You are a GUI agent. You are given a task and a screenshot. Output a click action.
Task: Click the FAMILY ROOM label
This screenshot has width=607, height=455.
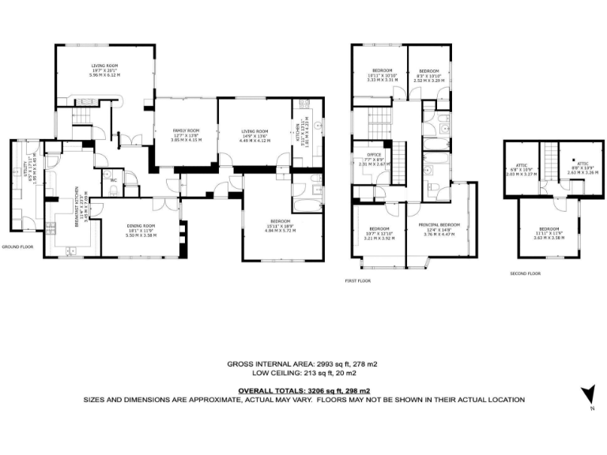tap(187, 130)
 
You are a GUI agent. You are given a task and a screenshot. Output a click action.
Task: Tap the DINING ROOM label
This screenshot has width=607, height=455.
tap(142, 226)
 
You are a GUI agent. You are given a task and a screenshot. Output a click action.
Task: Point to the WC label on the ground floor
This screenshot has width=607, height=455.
tap(114, 180)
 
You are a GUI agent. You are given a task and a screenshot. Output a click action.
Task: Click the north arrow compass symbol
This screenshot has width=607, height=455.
tap(587, 394)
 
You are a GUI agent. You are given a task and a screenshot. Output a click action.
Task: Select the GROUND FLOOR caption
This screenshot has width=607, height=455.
tap(18, 246)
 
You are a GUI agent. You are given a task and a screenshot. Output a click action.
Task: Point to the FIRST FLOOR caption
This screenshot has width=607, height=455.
tap(358, 280)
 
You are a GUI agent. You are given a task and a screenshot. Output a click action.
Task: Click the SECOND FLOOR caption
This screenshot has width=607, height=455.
tap(525, 273)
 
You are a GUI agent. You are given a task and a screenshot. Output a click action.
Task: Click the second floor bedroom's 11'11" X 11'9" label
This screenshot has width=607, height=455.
tap(547, 231)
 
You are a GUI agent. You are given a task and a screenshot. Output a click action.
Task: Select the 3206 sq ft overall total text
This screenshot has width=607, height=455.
tap(304, 390)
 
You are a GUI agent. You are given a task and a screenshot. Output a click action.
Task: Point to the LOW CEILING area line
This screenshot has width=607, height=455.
tap(303, 374)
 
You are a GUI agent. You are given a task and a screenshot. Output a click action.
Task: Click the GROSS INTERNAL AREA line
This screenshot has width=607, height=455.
tap(303, 363)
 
